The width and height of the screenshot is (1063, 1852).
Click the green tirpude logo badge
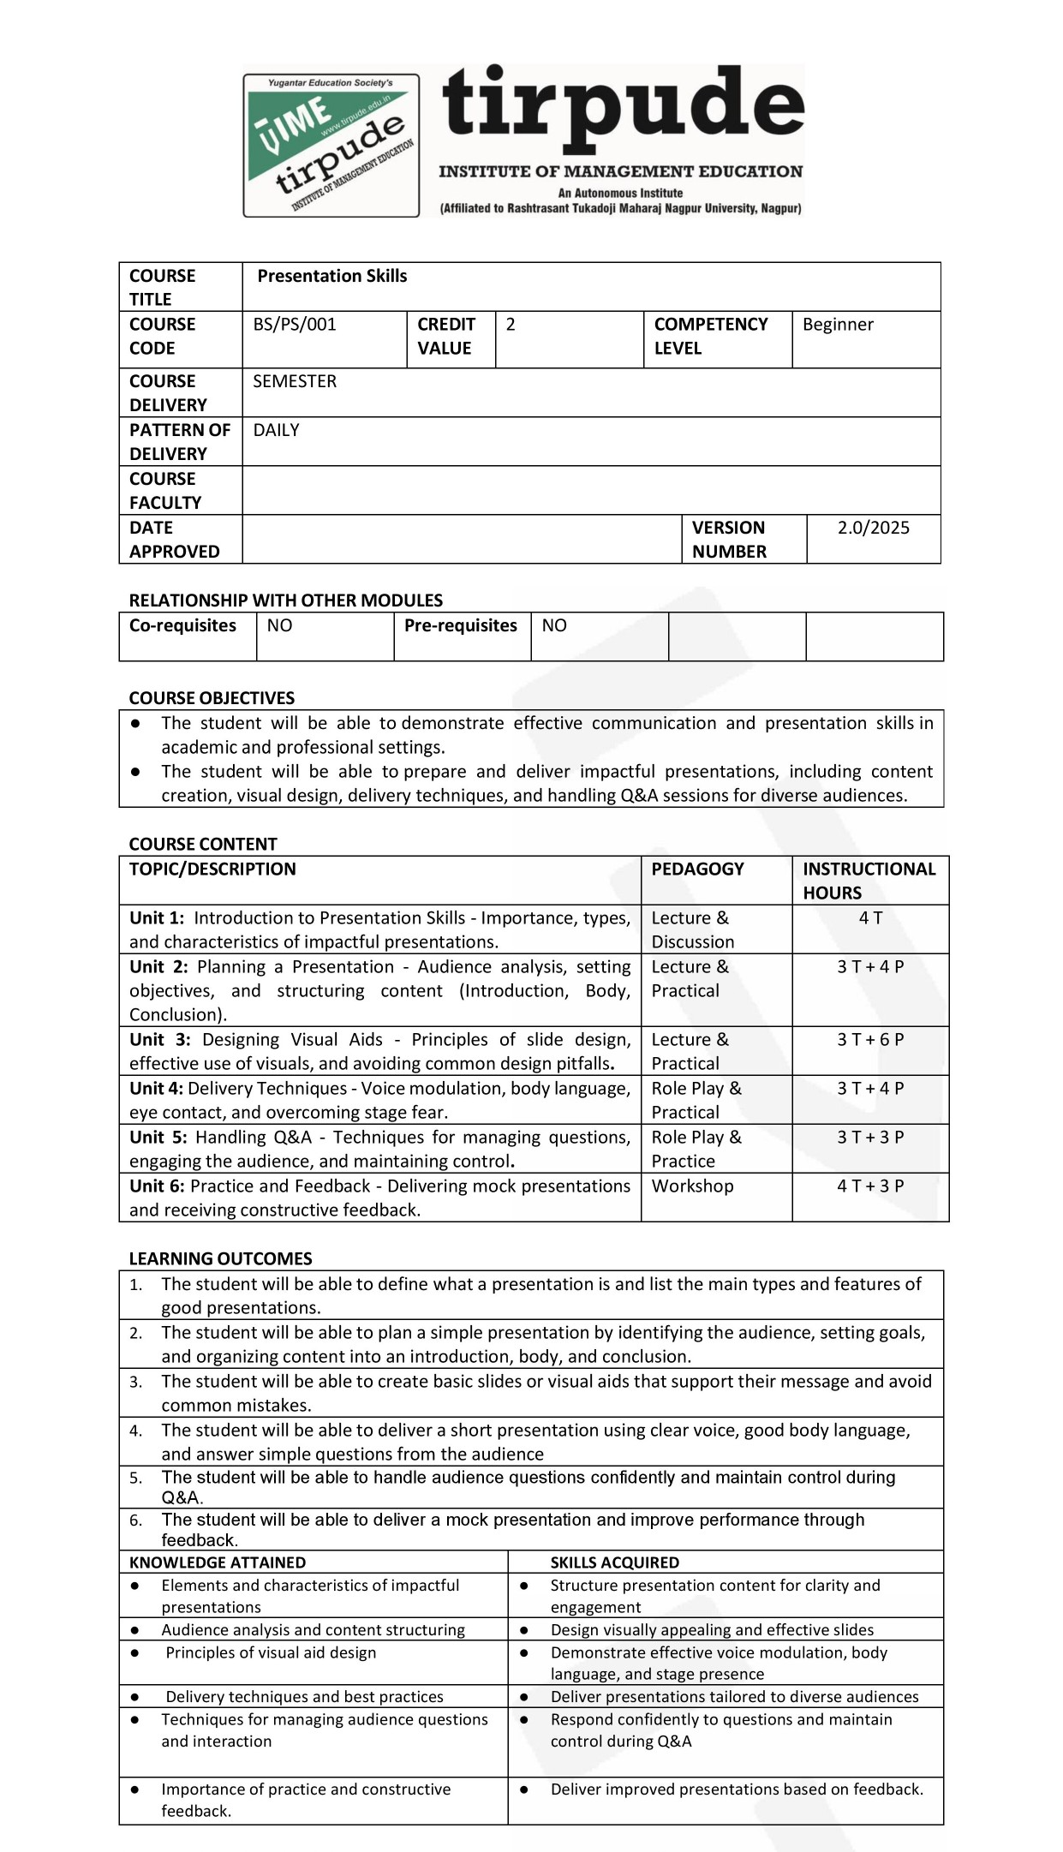tap(331, 145)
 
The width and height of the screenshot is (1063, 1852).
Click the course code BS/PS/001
tap(295, 325)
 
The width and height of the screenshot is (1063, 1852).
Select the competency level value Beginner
tap(838, 325)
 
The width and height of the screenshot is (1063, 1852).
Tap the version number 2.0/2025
tap(873, 528)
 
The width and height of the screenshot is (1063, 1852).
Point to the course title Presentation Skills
tap(332, 276)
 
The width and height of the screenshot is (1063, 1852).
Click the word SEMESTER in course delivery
tap(295, 381)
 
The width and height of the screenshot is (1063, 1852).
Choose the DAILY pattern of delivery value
tap(276, 430)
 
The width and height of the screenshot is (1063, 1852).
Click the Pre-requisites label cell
tap(461, 626)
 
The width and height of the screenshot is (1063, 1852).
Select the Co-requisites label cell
tap(182, 626)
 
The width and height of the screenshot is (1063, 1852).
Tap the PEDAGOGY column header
tap(697, 869)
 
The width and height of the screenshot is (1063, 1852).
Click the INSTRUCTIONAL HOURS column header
tap(869, 881)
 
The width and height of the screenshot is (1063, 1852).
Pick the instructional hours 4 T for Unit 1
tap(870, 918)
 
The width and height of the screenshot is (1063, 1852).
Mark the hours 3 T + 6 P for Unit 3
tap(870, 1040)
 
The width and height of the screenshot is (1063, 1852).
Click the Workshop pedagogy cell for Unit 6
tap(692, 1186)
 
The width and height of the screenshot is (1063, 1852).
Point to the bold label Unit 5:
tap(158, 1138)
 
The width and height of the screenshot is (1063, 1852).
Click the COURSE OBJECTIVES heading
tap(212, 698)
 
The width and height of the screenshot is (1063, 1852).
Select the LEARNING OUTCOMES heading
tap(220, 1258)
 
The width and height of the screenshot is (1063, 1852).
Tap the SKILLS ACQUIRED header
tap(614, 1562)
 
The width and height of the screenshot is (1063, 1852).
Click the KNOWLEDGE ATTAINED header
tap(218, 1562)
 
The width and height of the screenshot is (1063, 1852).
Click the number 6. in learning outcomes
tap(136, 1520)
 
